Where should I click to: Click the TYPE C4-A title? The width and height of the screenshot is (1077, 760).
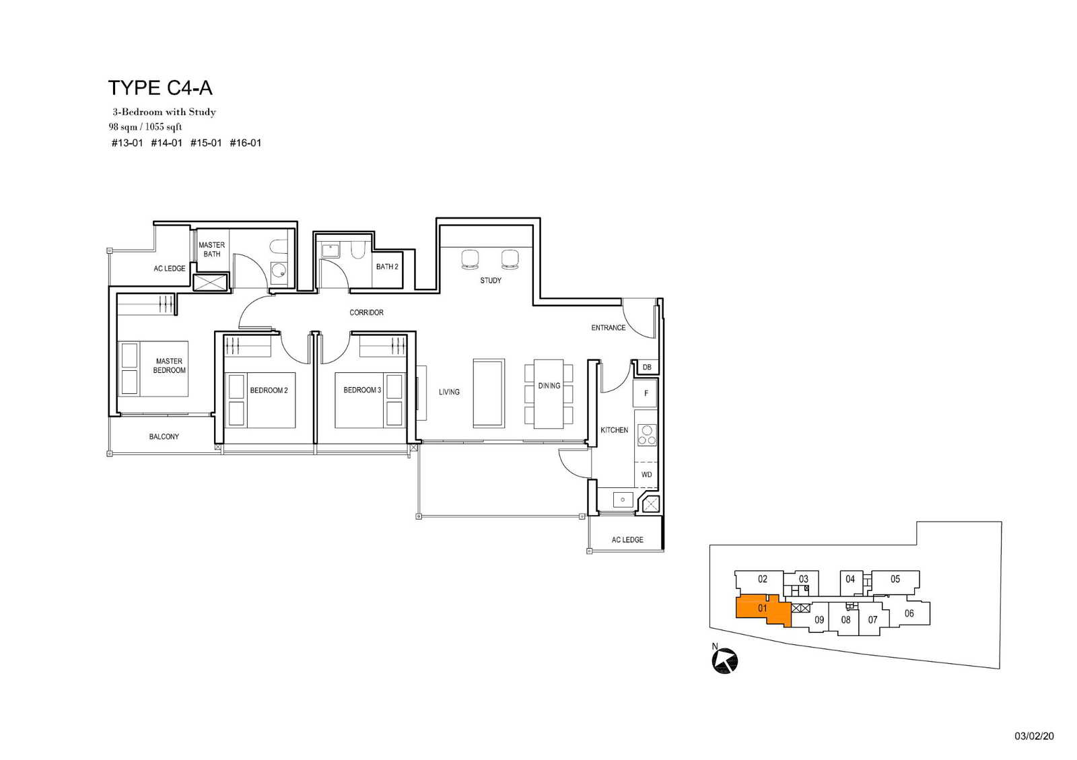(160, 88)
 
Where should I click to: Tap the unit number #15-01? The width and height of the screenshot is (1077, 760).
(206, 143)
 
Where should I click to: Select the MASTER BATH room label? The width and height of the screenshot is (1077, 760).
(211, 249)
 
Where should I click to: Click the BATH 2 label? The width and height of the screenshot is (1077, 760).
(387, 267)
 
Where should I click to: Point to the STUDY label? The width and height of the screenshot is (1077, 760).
(491, 280)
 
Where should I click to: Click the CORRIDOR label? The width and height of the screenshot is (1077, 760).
(366, 312)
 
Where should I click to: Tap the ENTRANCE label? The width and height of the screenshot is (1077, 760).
(609, 327)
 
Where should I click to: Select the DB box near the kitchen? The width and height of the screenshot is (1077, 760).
(647, 368)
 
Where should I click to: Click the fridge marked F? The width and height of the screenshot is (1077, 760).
(646, 393)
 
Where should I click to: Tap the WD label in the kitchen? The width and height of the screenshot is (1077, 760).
(647, 475)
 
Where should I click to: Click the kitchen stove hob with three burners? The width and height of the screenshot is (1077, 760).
(647, 435)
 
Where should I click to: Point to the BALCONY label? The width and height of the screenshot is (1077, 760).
(164, 436)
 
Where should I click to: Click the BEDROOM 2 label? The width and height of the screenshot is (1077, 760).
(269, 390)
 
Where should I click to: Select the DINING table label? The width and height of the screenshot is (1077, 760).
(549, 386)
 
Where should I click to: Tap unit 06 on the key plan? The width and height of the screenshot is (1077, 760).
(909, 613)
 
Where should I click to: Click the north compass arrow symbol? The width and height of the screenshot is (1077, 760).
(724, 660)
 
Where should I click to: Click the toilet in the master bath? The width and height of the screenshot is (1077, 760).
(279, 247)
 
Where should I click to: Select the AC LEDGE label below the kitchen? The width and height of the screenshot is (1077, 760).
(627, 540)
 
